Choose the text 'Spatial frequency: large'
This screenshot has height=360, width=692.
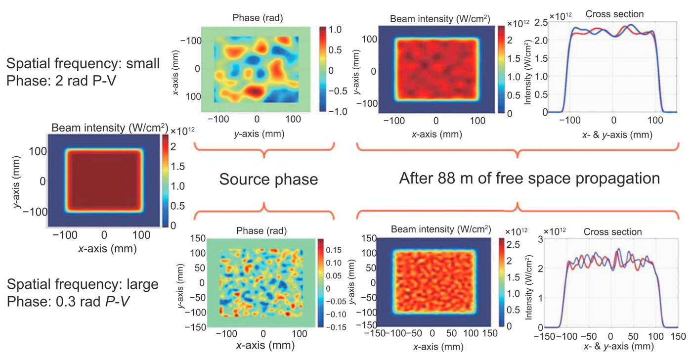[x=83, y=284]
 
